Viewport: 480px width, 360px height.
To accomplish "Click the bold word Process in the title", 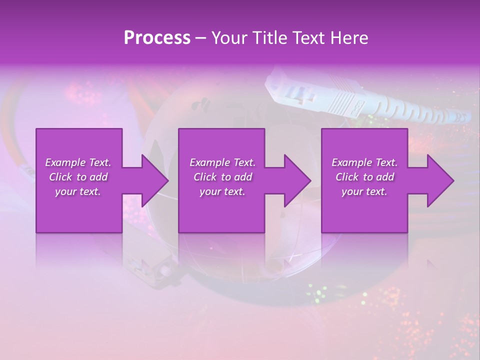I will [157, 38].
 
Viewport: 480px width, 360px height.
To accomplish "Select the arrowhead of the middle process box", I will [297, 180].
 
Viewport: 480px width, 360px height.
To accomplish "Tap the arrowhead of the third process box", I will [440, 180].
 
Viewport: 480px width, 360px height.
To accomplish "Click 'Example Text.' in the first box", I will [78, 162].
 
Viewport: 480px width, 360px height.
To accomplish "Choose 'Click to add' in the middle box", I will [222, 177].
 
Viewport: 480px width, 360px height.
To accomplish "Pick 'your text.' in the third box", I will [364, 191].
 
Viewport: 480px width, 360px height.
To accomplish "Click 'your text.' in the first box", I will [78, 191].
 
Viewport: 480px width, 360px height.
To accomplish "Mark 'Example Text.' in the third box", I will [364, 162].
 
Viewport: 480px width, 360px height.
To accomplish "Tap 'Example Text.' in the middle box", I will [222, 162].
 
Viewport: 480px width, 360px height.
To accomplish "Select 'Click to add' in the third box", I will [364, 177].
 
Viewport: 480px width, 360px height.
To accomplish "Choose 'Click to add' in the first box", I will [78, 177].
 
